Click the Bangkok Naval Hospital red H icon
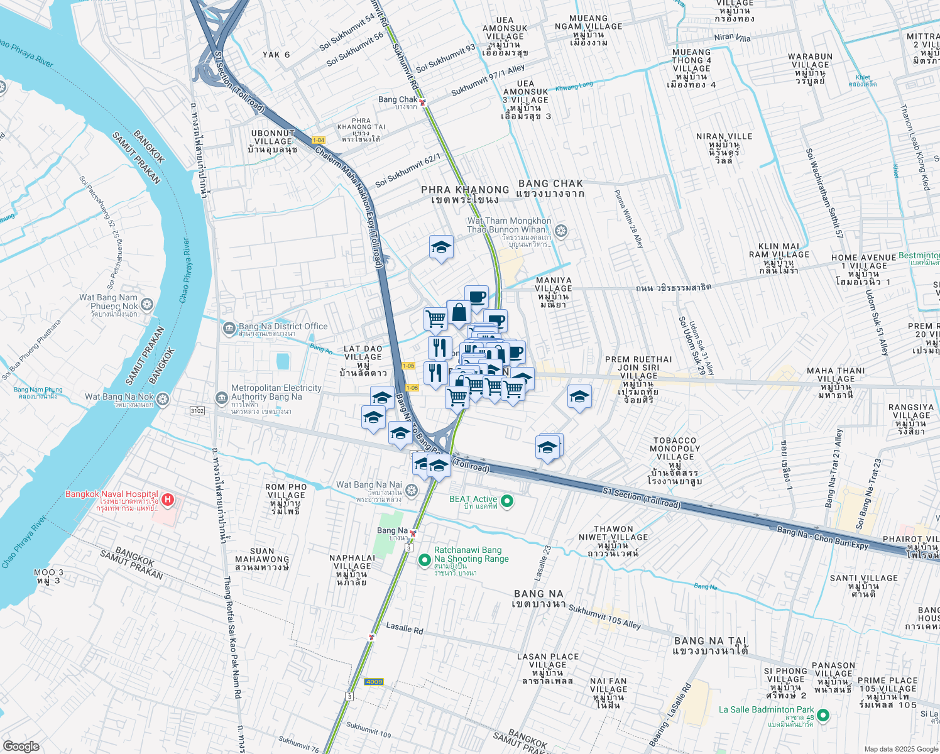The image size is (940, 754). pos(167,500)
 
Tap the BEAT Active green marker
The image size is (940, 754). pos(508,501)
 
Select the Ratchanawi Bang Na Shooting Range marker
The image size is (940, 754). pos(425,559)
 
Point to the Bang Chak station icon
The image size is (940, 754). pos(423,102)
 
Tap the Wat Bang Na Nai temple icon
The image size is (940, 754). pos(412,490)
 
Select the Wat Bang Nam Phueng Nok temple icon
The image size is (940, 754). pos(147,305)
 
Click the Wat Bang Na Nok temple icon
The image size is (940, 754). pos(163,400)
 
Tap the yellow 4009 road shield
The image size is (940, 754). pos(374,682)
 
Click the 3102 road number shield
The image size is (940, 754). pos(197,410)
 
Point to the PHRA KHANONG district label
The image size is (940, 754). pos(465,190)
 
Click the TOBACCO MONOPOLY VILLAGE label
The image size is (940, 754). pos(675,449)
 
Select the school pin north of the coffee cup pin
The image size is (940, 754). pos(441,248)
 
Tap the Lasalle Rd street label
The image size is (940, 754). pos(404,628)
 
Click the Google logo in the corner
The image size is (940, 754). pos(21,746)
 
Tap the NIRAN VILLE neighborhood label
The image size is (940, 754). pos(724,136)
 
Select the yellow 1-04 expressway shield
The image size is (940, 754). pos(318,140)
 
